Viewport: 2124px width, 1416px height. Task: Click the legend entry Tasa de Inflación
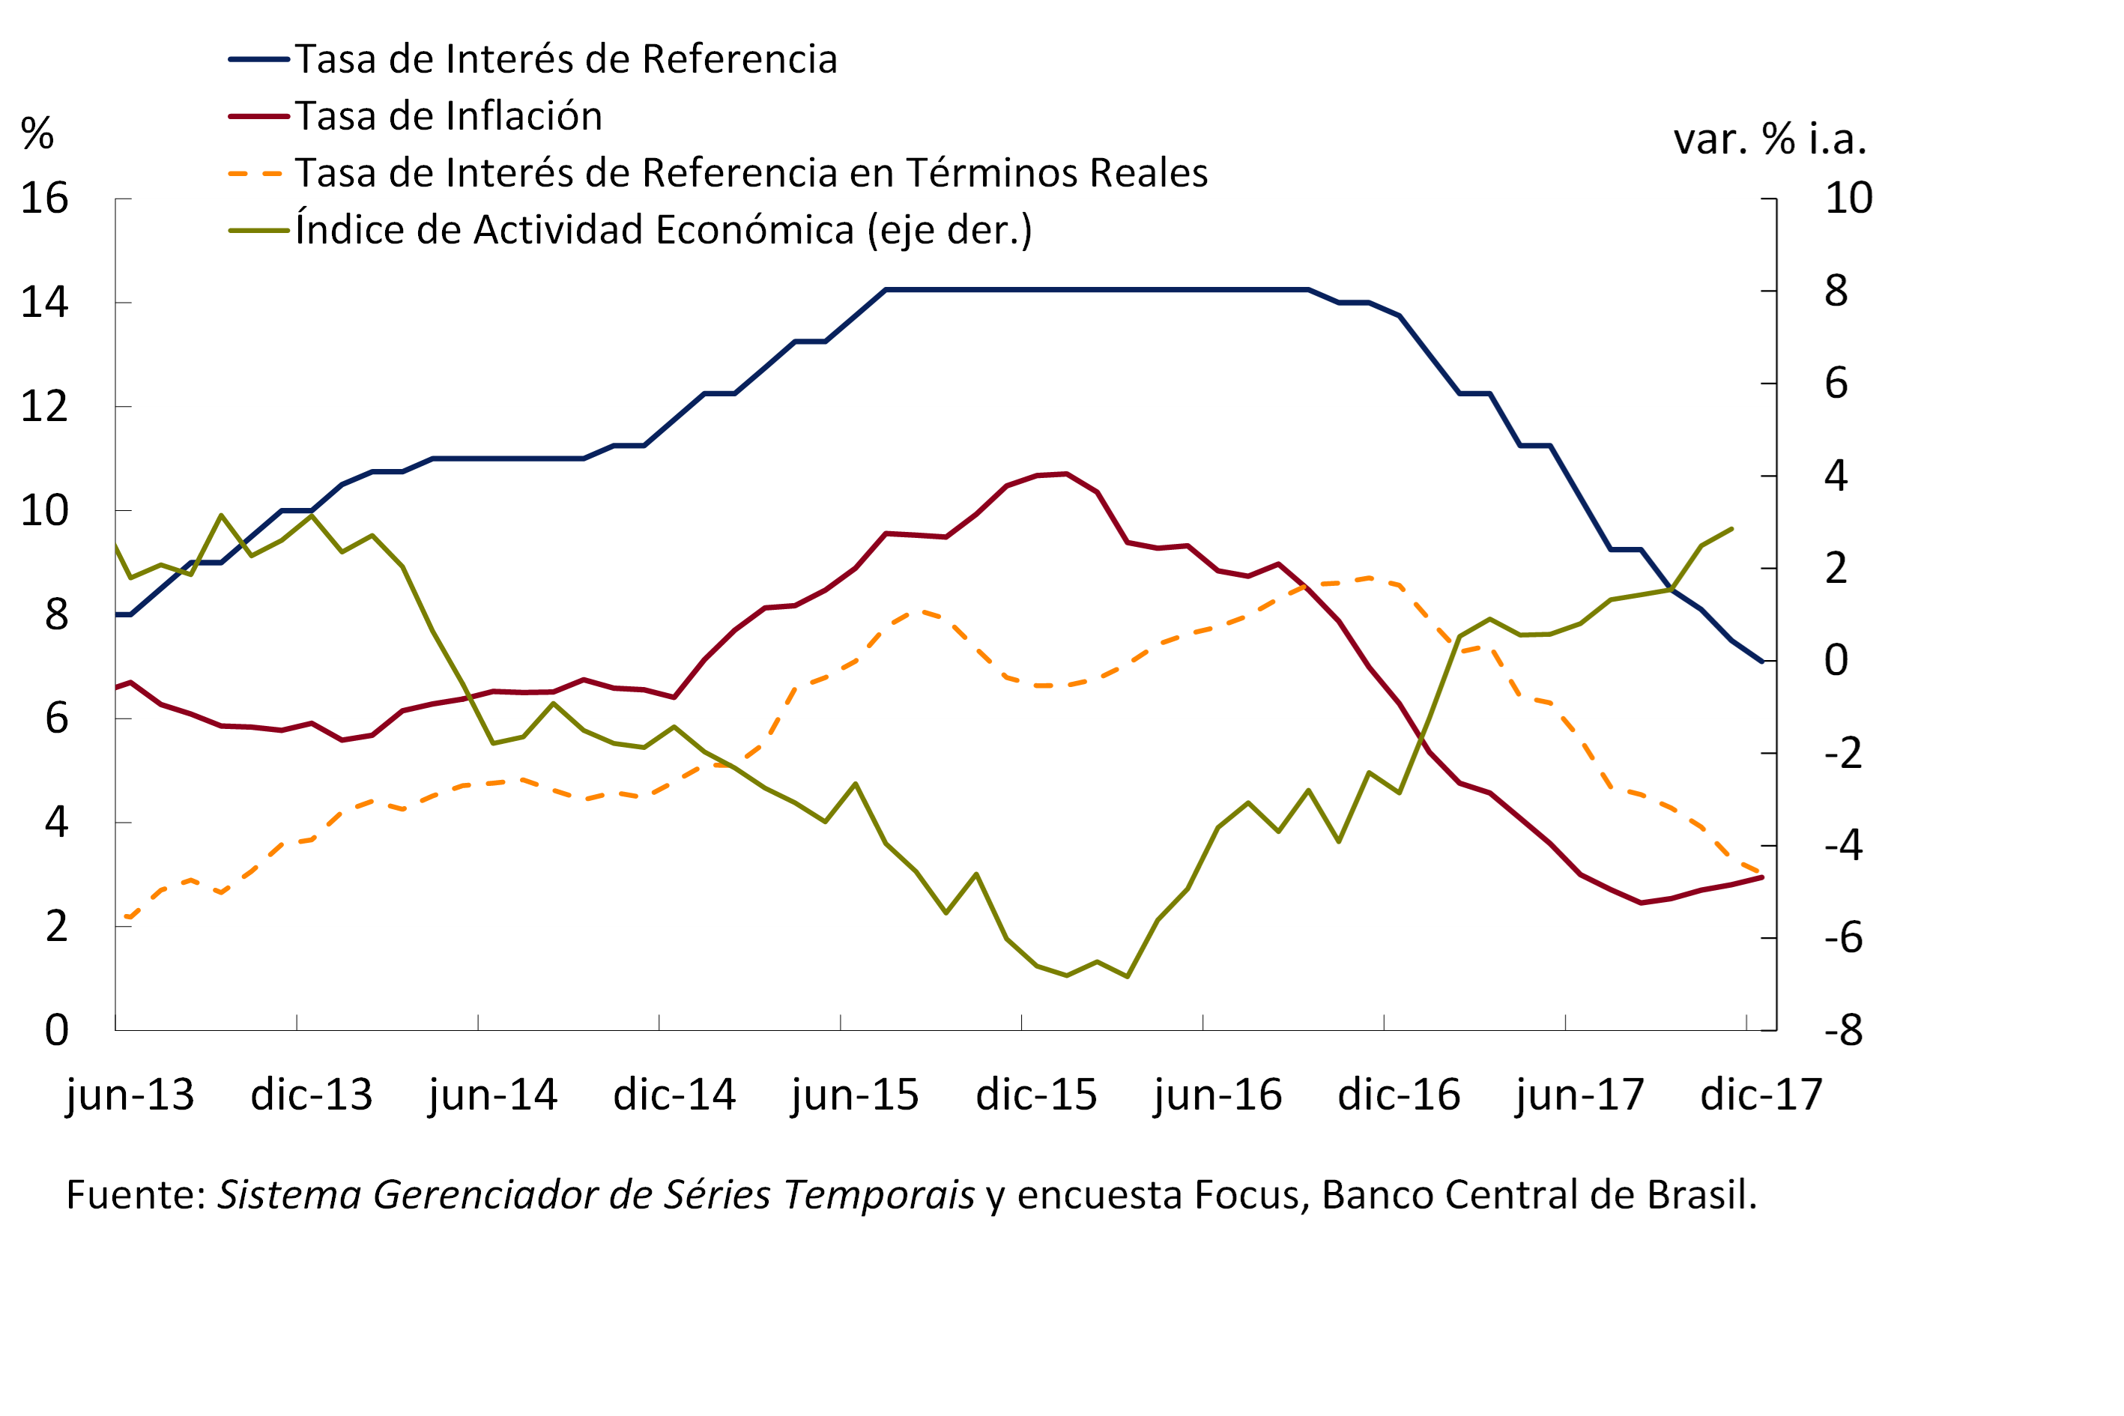coord(448,116)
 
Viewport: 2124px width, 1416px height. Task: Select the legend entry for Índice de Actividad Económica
coord(663,230)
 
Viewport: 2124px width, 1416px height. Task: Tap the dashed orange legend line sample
coord(258,173)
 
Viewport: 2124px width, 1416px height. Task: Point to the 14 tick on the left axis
coord(44,303)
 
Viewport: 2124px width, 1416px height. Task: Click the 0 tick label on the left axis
coord(56,1030)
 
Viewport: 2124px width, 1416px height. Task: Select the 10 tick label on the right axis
coord(1848,198)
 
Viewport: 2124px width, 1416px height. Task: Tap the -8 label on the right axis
coord(1843,1030)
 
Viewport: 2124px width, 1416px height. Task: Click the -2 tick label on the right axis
coord(1843,753)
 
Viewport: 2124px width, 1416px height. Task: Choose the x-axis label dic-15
coord(1036,1095)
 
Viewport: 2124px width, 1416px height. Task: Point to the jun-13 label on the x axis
coord(130,1095)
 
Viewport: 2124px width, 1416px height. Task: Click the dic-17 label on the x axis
coord(1761,1095)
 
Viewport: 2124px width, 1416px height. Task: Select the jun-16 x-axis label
coord(1217,1095)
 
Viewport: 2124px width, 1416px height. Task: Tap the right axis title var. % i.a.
coord(1769,140)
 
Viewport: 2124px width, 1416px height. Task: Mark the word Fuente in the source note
coord(136,1195)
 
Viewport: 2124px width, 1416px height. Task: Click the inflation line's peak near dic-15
coord(1067,473)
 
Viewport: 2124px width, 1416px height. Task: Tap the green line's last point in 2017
coord(1731,529)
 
